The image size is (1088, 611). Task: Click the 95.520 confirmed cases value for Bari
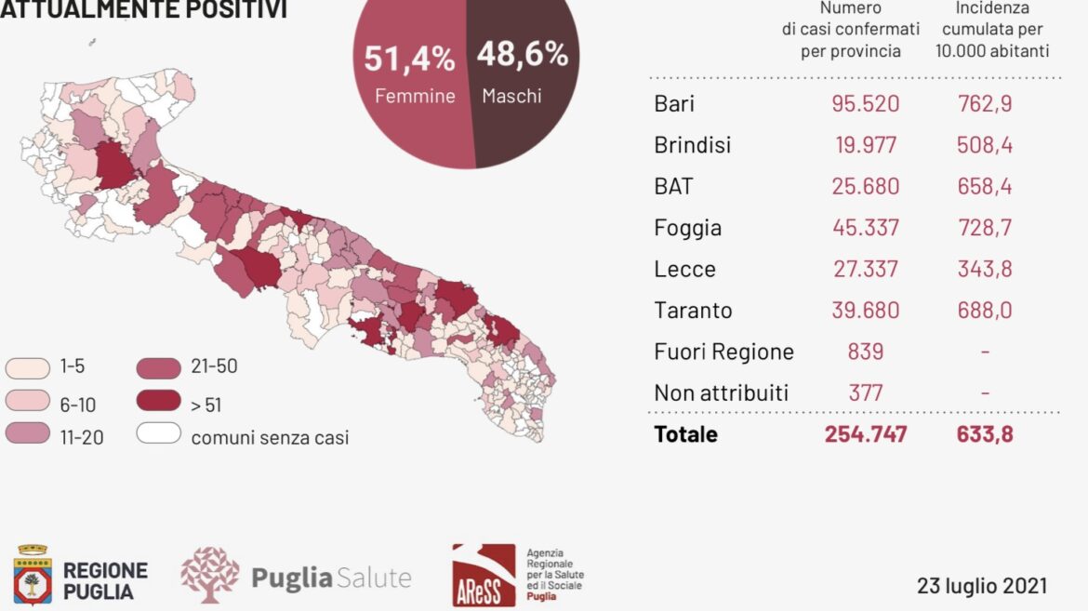pos(865,103)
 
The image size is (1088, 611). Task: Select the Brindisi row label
pos(693,144)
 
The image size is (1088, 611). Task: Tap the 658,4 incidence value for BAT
pos(985,186)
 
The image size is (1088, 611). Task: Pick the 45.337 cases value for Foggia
pos(865,227)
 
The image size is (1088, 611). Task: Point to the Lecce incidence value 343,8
pos(985,269)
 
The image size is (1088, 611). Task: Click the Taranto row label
pos(693,310)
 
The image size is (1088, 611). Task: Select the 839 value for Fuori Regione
pos(865,352)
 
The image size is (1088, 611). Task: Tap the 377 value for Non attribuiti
pos(865,393)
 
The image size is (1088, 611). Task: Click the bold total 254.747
pos(865,434)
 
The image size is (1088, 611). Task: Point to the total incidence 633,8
pos(985,434)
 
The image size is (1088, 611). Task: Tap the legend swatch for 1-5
pos(28,367)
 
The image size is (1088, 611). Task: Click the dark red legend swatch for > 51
pos(159,401)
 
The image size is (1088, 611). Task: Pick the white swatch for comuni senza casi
pos(159,433)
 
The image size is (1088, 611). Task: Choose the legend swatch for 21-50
pos(159,368)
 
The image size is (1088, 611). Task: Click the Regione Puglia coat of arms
pos(33,575)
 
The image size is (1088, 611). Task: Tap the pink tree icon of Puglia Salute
pos(209,574)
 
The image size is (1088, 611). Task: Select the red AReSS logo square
pos(484,576)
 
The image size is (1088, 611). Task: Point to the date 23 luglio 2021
pos(982,586)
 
